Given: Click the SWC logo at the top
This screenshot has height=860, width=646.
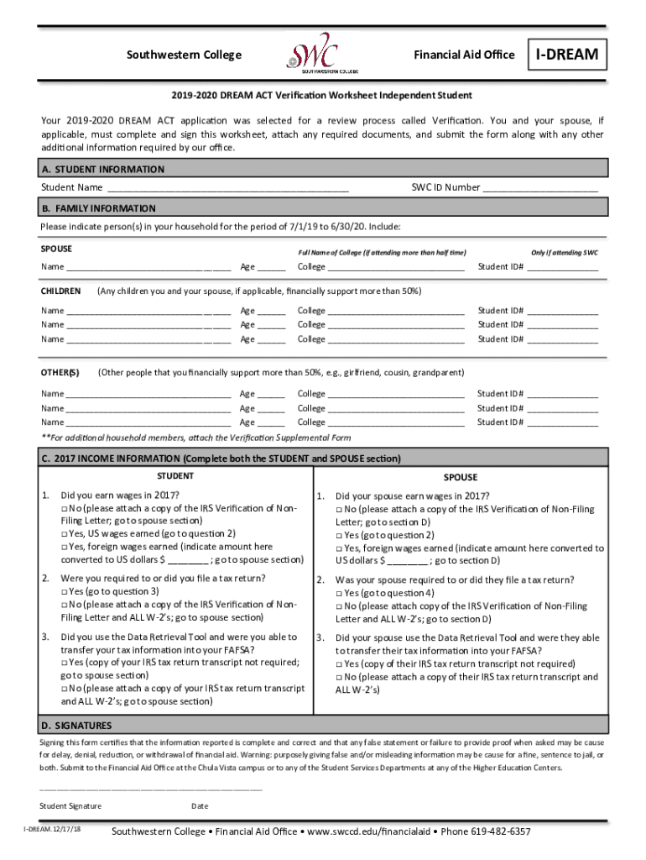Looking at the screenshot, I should point(313,54).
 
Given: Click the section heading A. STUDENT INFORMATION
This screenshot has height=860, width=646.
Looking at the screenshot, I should point(102,169).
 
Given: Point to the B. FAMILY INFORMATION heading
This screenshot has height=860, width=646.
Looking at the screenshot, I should point(98,208).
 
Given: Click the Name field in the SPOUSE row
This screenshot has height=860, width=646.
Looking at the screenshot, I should point(148,268).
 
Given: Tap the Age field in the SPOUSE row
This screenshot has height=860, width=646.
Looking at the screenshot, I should point(271,268).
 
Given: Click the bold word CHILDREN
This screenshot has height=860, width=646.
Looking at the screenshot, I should point(60,291).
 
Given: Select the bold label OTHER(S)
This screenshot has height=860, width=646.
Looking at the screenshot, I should point(60,372).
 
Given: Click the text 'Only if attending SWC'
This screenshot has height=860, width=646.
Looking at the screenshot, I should point(564,253).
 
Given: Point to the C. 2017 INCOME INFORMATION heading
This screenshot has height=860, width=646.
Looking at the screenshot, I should point(221,459).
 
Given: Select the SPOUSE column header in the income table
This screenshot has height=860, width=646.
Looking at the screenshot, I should point(461,476).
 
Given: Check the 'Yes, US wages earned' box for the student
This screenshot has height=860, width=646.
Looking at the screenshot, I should point(65,534).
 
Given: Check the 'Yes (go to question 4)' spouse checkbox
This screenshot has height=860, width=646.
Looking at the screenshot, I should point(340,593).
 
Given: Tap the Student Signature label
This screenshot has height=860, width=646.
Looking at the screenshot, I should point(70,806).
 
